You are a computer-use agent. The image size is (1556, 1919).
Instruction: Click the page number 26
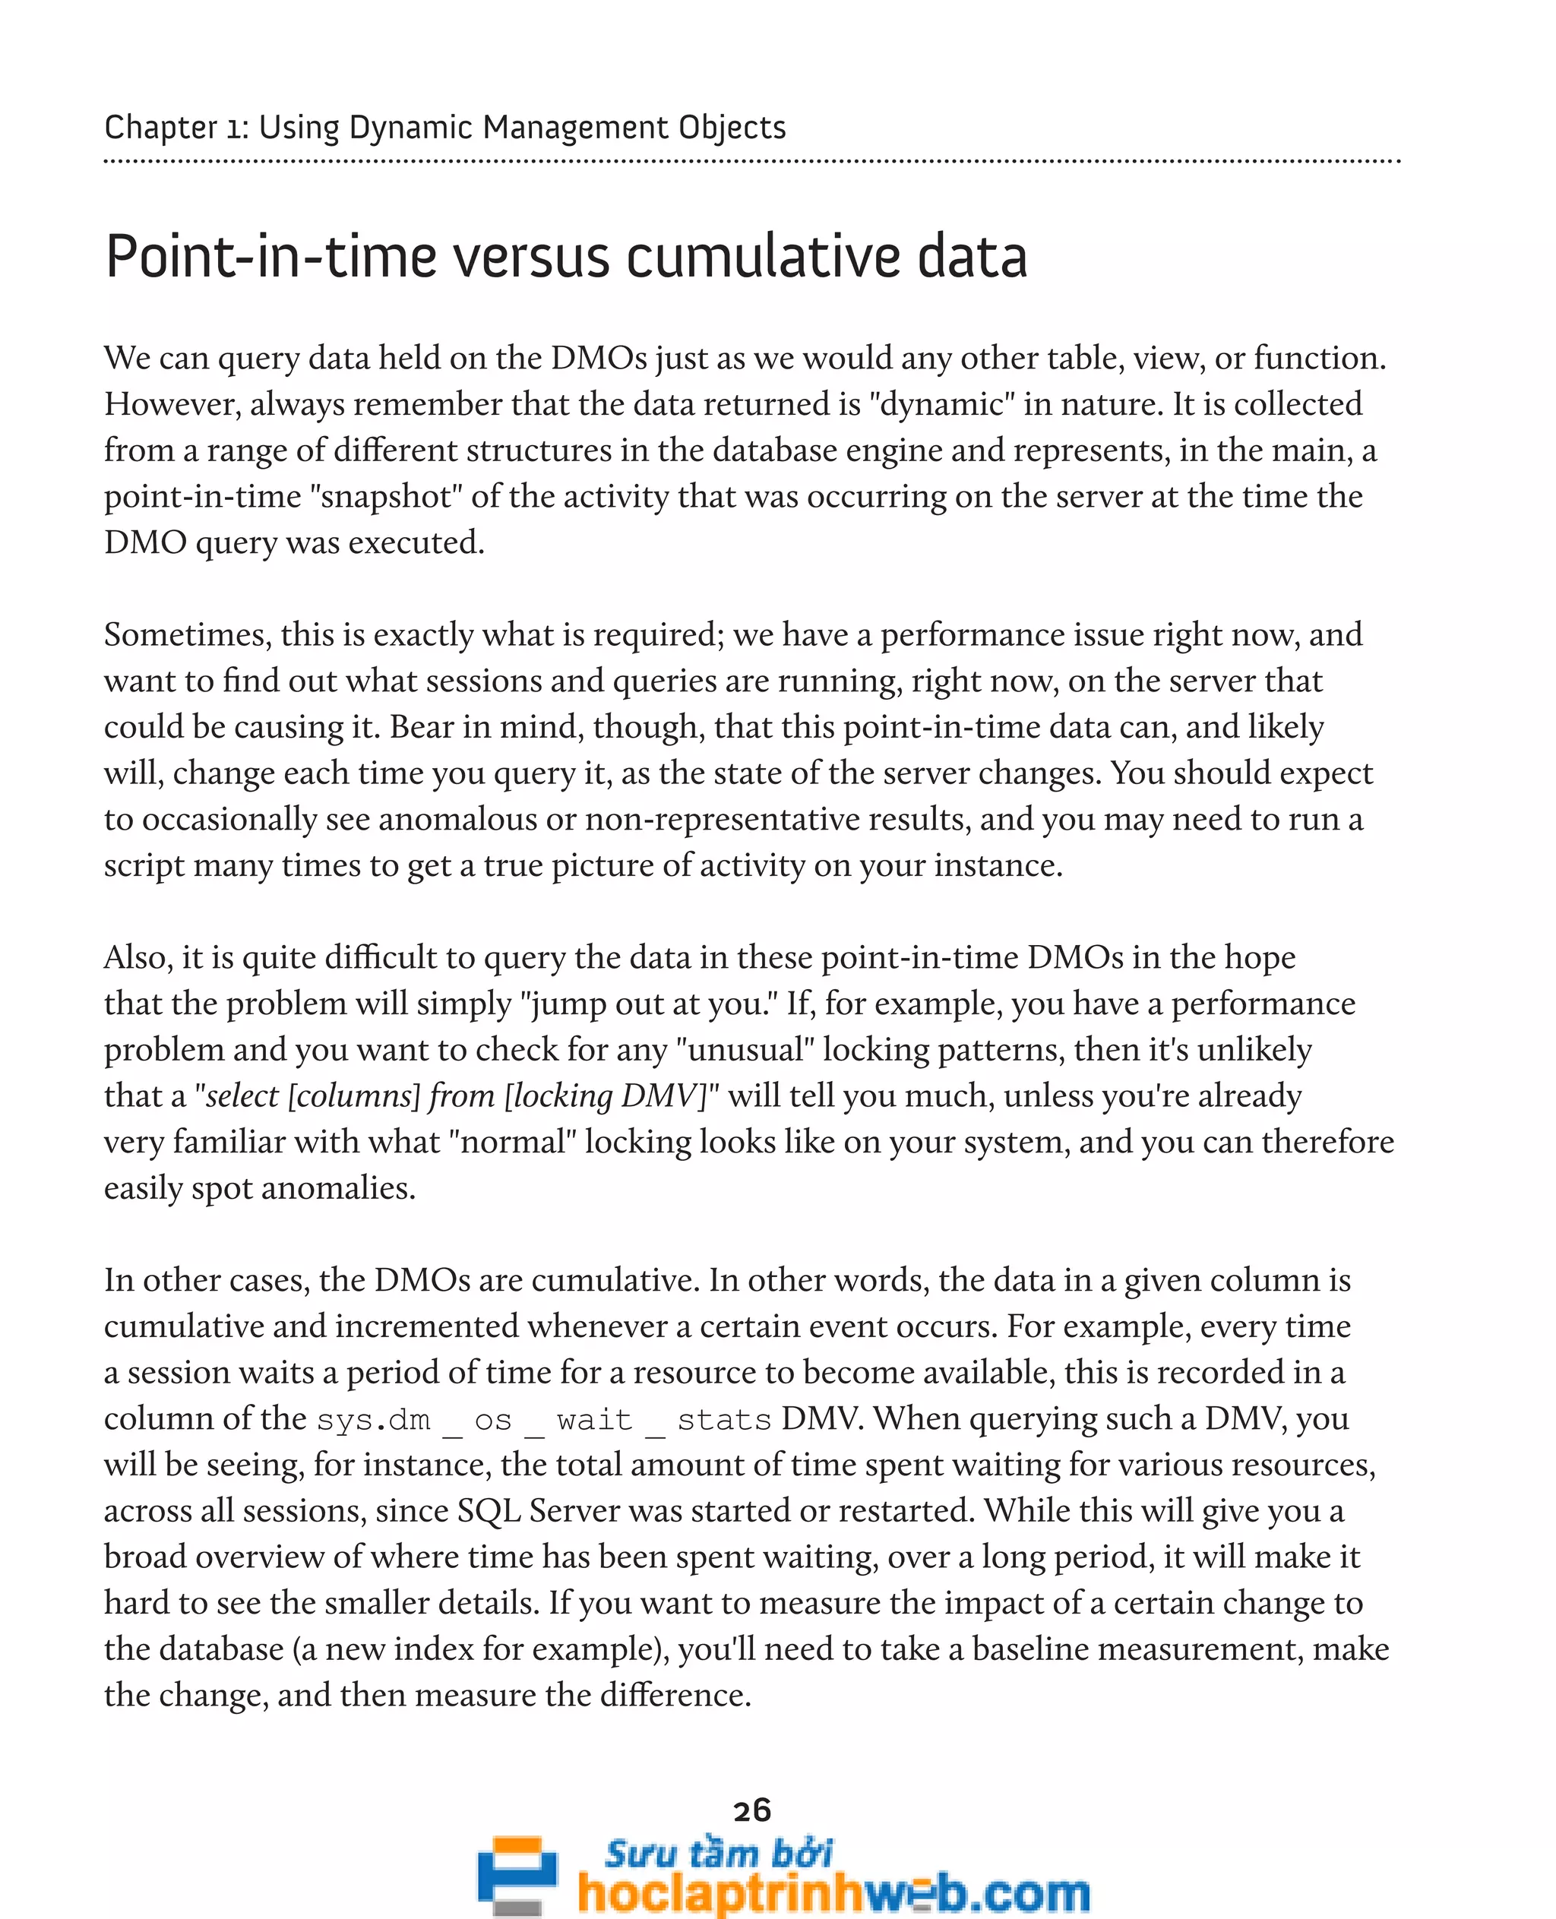click(751, 1810)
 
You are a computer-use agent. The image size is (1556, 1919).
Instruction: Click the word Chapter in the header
click(160, 128)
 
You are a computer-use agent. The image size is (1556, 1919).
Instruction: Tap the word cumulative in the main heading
click(758, 258)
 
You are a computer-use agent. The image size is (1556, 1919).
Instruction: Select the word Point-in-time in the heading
click(270, 258)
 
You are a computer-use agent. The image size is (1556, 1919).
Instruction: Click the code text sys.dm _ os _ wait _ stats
click(544, 1420)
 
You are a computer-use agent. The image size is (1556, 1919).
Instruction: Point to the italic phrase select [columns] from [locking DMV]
click(458, 1095)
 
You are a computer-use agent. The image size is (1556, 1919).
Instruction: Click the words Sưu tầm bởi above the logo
click(718, 1853)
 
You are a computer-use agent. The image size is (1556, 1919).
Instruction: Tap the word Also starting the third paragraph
click(138, 956)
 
